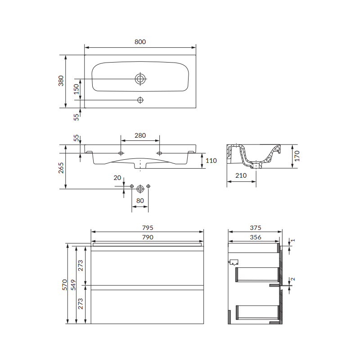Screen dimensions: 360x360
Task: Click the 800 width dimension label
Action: click(140, 42)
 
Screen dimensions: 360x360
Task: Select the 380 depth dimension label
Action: click(61, 81)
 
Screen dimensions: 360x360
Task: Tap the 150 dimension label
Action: click(76, 89)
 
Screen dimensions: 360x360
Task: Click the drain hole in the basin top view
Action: click(140, 79)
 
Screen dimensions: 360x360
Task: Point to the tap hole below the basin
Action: click(140, 100)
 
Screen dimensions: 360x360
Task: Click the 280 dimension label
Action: click(140, 135)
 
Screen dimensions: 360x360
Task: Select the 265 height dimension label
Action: click(61, 168)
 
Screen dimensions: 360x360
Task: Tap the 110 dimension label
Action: click(211, 161)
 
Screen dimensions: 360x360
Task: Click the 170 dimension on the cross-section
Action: click(297, 156)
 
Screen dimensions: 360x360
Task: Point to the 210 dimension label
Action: click(241, 175)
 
